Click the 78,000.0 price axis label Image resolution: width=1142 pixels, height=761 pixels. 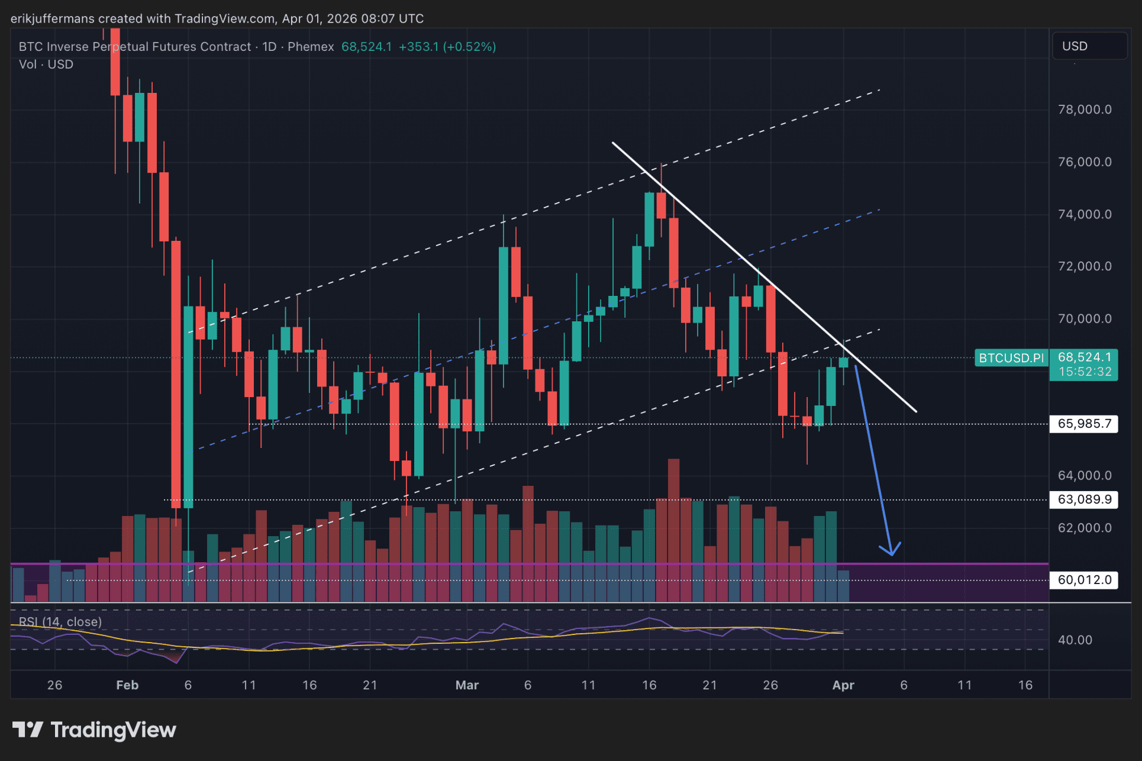pos(1084,109)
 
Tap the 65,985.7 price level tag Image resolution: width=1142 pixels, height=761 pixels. pos(1083,424)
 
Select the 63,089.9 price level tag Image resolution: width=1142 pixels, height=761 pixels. pos(1083,499)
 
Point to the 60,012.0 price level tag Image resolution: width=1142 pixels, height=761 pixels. pos(1083,580)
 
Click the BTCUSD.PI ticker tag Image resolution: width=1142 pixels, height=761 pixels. pos(1011,358)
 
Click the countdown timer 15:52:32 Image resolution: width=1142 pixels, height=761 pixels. pos(1085,372)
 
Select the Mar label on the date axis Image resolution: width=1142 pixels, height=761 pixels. pos(467,685)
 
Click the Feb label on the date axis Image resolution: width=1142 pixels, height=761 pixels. pos(127,685)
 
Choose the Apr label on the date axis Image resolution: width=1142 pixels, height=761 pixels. pos(843,685)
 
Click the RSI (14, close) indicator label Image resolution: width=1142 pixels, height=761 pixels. pos(60,622)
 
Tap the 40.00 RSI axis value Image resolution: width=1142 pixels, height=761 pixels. pos(1075,640)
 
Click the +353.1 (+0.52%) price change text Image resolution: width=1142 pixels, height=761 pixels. pos(447,47)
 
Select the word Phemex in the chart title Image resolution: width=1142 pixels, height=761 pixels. pos(311,47)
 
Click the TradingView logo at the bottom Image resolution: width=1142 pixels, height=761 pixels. pos(95,730)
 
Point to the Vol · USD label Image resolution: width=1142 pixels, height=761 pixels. pos(46,65)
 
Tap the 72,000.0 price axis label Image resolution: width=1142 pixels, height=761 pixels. pos(1084,266)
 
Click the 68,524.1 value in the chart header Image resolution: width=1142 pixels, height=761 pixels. pos(366,47)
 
